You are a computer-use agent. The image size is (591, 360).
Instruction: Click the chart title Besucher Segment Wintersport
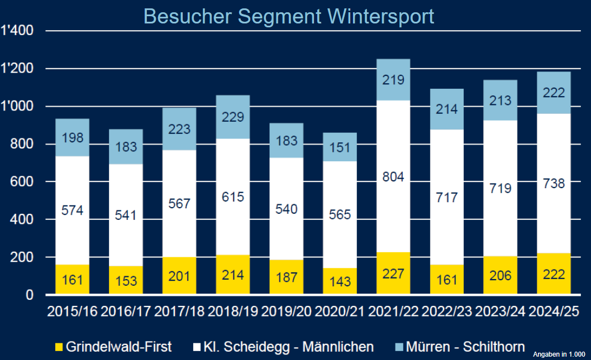click(x=289, y=16)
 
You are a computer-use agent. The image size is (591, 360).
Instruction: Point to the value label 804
click(x=393, y=177)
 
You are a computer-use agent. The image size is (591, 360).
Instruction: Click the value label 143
click(x=340, y=281)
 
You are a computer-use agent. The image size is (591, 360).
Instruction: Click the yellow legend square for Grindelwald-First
click(x=59, y=347)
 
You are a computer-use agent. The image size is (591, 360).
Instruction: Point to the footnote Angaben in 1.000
click(x=558, y=354)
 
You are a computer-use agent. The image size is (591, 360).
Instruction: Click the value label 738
click(x=554, y=183)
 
